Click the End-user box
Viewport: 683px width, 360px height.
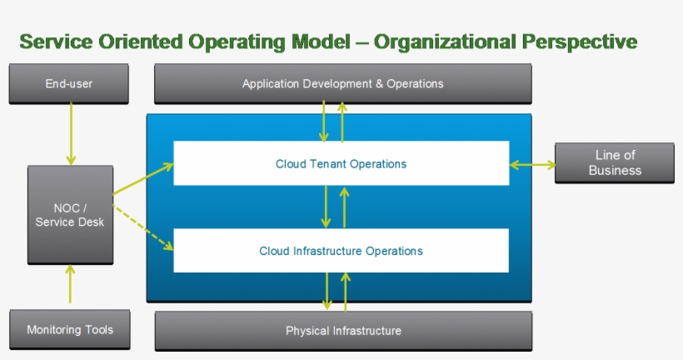click(68, 83)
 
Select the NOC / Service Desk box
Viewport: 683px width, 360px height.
click(70, 214)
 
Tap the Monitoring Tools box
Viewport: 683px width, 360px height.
click(70, 330)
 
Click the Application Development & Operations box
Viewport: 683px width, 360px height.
click(342, 83)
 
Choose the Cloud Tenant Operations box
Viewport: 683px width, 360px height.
click(341, 163)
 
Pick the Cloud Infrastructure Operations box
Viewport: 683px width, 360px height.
click(341, 251)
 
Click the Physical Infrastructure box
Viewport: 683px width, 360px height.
click(342, 331)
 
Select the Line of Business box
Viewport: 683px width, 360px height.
click(615, 163)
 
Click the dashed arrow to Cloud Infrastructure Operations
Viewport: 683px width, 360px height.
click(142, 226)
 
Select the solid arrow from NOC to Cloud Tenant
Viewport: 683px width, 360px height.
click(142, 179)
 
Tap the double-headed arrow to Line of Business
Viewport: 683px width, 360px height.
click(532, 165)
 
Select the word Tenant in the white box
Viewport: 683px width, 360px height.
click(327, 164)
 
